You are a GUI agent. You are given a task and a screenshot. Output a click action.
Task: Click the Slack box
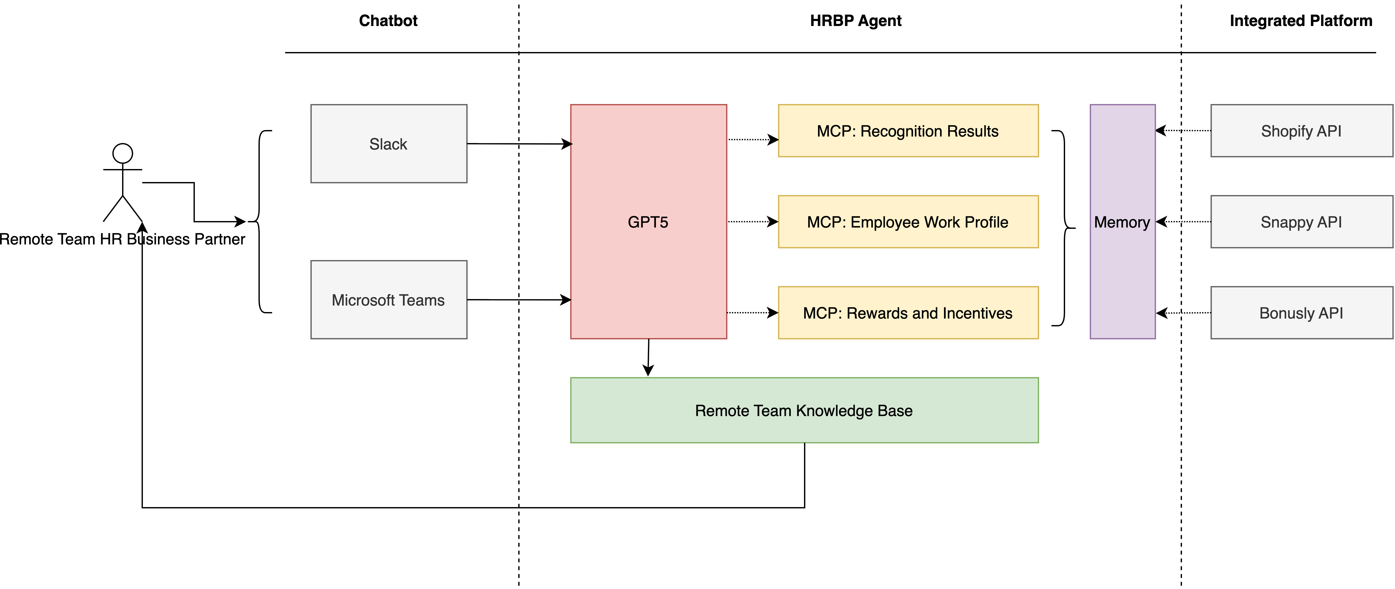[x=388, y=144]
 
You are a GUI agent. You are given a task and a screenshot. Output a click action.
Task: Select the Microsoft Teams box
[x=388, y=300]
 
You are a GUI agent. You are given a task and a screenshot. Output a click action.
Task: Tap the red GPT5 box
[x=648, y=222]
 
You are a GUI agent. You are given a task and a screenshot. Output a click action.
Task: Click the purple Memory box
[x=1122, y=222]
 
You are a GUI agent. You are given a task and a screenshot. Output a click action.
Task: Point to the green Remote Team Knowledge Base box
[x=804, y=410]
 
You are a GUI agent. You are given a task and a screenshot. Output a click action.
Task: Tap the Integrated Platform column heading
[x=1301, y=21]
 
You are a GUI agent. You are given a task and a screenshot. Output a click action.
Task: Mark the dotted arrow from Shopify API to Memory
[x=1183, y=131]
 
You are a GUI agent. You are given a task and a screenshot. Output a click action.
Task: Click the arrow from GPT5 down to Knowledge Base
[x=648, y=358]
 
